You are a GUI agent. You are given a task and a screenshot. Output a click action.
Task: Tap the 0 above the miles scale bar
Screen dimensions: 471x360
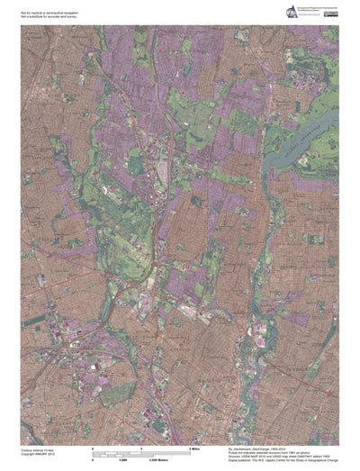point(94,448)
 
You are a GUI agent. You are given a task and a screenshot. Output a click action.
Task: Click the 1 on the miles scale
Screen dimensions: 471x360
point(141,448)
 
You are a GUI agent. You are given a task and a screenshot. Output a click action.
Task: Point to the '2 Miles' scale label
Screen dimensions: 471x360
point(193,448)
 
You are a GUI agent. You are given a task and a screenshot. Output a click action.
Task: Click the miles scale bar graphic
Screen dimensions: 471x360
point(141,452)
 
